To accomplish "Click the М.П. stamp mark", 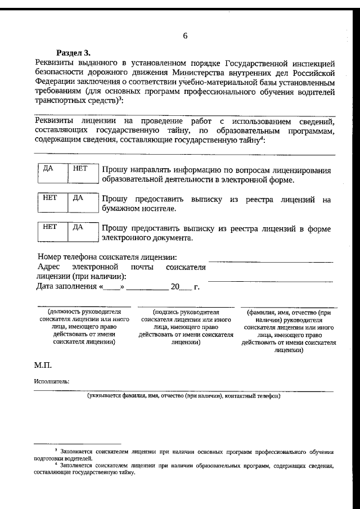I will [43, 366].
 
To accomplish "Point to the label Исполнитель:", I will [52, 381].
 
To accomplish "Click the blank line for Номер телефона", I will [271, 261].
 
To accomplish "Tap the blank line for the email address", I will [271, 280].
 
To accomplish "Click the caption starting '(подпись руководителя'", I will [186, 326].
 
